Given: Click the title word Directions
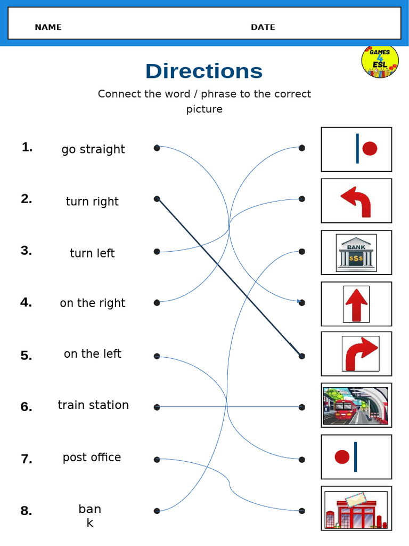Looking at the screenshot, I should click(204, 71).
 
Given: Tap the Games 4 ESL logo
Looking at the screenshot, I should click(380, 61).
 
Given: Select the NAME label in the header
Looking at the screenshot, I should click(48, 27).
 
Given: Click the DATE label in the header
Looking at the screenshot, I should click(263, 27).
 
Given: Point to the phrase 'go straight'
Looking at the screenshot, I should click(93, 149).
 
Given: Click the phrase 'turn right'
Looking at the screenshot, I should click(92, 202).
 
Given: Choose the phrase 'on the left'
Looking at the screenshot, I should click(93, 354).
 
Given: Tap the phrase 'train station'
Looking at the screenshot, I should click(93, 405).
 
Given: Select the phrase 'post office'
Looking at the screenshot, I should click(92, 457).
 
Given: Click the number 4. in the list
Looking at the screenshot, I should click(26, 302).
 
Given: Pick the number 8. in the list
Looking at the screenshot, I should click(26, 511).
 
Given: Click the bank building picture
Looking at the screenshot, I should click(356, 252).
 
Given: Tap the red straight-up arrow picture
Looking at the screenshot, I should click(356, 304).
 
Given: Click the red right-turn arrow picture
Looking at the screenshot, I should click(361, 354).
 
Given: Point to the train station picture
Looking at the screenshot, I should click(356, 406).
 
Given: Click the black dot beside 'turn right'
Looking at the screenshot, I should click(157, 199).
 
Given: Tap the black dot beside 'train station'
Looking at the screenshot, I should click(157, 407).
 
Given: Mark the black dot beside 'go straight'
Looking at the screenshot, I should click(157, 148).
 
